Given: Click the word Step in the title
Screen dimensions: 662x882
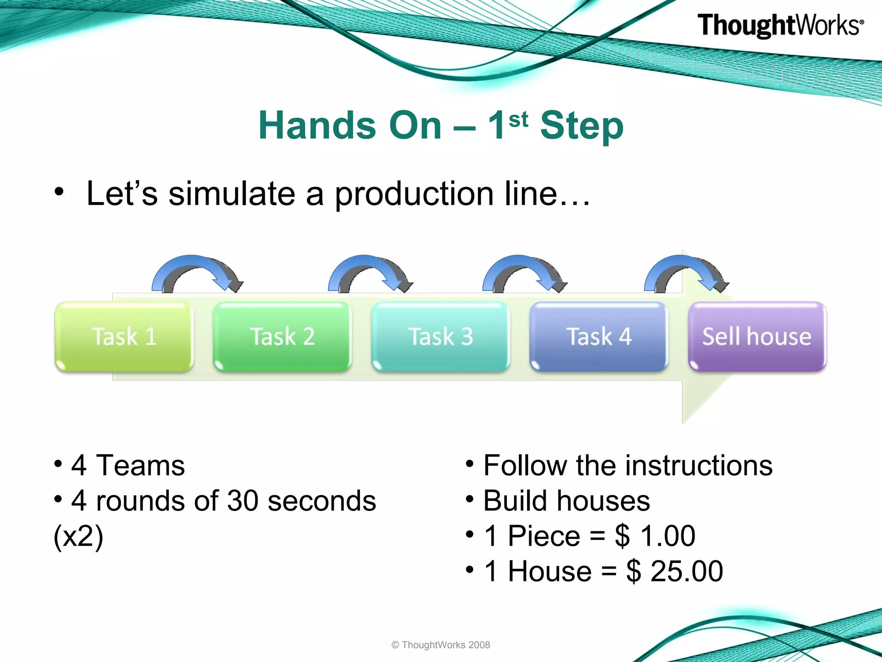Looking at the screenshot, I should [581, 126].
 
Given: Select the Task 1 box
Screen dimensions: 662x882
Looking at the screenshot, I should [124, 337].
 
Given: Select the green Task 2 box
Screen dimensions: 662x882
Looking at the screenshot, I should [282, 337].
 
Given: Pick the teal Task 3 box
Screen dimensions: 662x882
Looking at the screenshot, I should [440, 337].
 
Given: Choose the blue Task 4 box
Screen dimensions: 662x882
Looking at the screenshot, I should [599, 337].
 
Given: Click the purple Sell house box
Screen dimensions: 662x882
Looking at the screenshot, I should [757, 337].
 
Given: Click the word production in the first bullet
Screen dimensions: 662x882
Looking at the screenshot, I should [413, 194].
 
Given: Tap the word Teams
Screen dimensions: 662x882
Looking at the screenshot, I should [140, 465].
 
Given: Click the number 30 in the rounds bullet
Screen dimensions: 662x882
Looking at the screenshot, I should [242, 501].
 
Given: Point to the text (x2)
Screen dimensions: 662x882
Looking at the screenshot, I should [78, 536].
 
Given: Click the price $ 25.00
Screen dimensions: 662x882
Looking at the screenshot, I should [674, 571].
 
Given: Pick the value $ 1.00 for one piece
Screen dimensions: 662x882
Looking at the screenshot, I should [655, 536].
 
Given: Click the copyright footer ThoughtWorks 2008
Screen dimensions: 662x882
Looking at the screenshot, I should [441, 645].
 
